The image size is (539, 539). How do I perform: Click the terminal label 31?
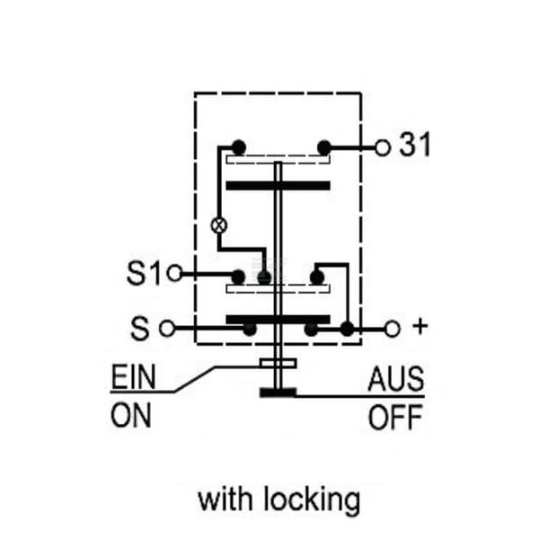pos(414,145)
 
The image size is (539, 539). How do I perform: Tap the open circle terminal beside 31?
pos(383,148)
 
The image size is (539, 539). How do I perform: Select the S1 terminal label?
pos(144,273)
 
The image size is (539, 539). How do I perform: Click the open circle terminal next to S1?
pos(174,273)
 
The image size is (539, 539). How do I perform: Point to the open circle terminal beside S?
pos(167,328)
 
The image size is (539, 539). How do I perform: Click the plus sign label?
pos(420,326)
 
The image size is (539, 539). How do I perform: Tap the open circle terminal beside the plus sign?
pos(393,329)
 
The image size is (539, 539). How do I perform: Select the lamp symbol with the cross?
pos(219,225)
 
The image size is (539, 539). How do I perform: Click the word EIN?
pos(133,376)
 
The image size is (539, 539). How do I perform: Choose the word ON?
pos(131,415)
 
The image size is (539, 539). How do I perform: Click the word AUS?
pos(395,379)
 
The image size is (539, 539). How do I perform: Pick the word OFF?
pos(395,417)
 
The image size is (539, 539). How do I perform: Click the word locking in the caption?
pos(312,499)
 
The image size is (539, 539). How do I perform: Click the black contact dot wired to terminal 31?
pos(324,148)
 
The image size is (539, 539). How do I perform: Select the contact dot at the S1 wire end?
pos(238,277)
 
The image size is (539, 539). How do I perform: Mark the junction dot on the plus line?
pos(347,329)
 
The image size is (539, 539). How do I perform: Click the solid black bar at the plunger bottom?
pos(278,393)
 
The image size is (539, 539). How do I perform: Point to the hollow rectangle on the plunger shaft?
pos(278,363)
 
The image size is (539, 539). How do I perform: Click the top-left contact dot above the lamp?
pos(239,147)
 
